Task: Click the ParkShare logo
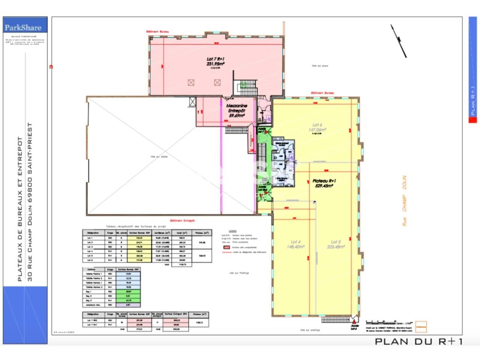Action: point(25,27)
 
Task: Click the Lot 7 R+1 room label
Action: point(215,61)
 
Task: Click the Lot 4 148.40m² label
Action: point(296,244)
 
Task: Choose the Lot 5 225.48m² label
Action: point(336,244)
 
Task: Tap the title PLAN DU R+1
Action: point(418,341)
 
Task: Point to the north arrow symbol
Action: point(399,40)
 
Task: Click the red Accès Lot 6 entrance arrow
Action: point(354,319)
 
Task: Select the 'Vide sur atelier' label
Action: point(159,157)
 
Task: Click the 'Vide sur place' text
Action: point(320,66)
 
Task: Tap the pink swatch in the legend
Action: point(226,247)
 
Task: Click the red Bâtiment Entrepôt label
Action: point(182,221)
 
